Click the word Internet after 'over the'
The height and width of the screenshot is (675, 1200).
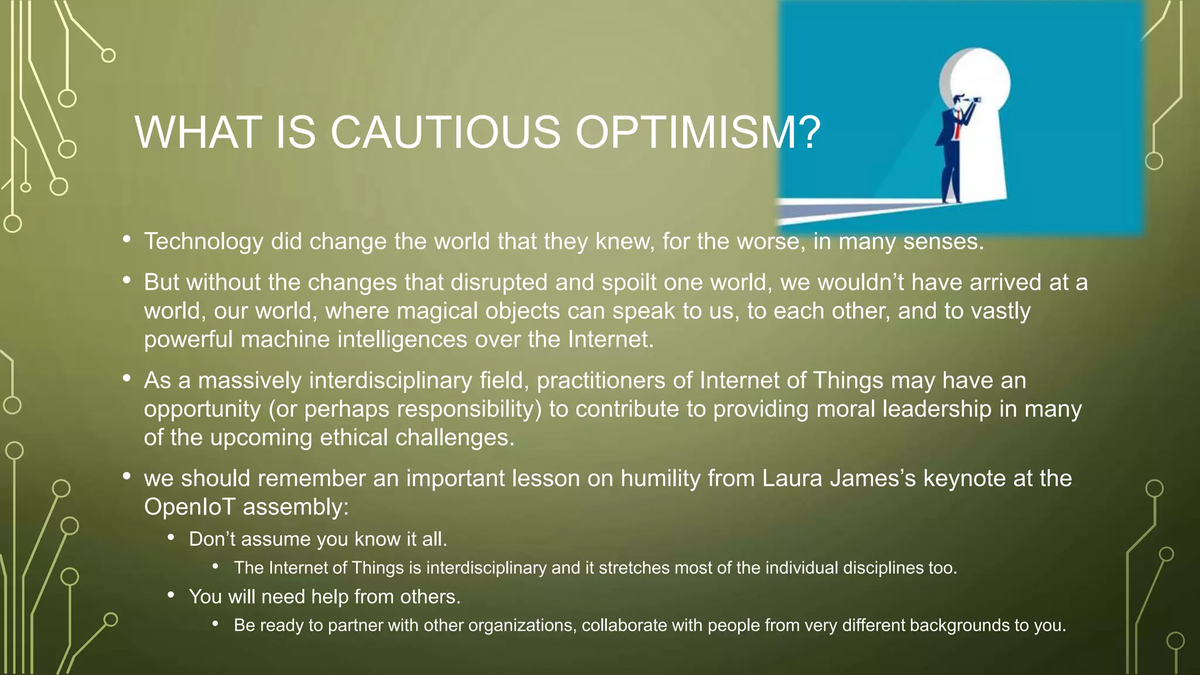click(x=610, y=340)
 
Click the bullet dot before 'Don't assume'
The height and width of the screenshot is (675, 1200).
click(x=171, y=537)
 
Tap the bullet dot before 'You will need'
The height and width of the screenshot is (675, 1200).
click(x=171, y=595)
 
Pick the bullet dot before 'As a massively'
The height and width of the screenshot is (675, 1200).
click(x=127, y=379)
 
